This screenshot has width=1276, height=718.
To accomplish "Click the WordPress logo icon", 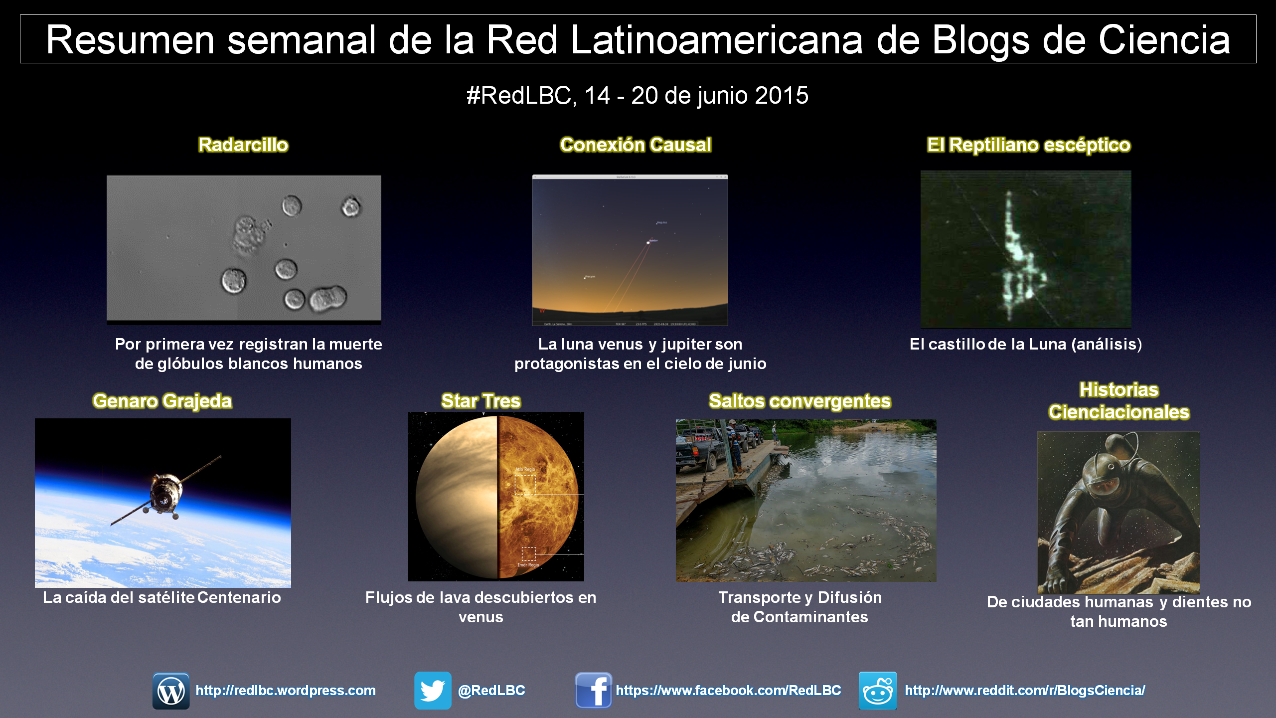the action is [171, 691].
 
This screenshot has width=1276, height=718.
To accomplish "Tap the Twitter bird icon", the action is [433, 691].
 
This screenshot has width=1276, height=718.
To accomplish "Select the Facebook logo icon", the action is [593, 691].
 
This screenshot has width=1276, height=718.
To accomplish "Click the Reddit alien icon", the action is [878, 691].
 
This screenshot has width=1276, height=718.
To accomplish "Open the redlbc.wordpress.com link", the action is [286, 691].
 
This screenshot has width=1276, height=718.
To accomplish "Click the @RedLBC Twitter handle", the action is [491, 691].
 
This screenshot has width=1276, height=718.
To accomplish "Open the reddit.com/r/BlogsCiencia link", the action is [1025, 691].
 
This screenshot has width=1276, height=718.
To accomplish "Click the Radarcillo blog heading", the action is [243, 145].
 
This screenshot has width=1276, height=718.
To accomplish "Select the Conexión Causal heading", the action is [636, 145].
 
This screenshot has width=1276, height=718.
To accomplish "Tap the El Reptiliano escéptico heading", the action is [1029, 146].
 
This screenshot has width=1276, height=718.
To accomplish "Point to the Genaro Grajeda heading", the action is [162, 401].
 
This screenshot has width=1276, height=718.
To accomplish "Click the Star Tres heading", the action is [481, 401].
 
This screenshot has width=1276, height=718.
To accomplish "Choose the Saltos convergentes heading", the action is [800, 401].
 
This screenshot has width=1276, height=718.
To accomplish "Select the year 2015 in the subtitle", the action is [782, 96].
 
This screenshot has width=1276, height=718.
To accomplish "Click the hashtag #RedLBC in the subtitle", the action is [518, 96].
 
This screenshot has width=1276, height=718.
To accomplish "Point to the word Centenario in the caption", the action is [239, 597].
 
